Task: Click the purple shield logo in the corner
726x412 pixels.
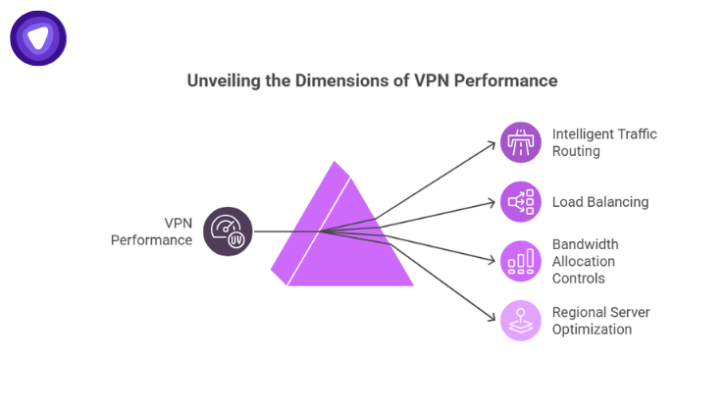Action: [38, 38]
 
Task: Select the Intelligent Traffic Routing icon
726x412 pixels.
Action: [520, 142]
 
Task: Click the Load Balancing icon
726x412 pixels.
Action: [520, 202]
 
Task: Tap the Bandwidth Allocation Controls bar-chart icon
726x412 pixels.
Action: [520, 261]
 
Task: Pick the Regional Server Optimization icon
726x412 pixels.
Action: [520, 321]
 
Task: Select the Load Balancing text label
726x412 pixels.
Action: [599, 202]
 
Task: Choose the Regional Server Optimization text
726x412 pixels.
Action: [600, 321]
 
